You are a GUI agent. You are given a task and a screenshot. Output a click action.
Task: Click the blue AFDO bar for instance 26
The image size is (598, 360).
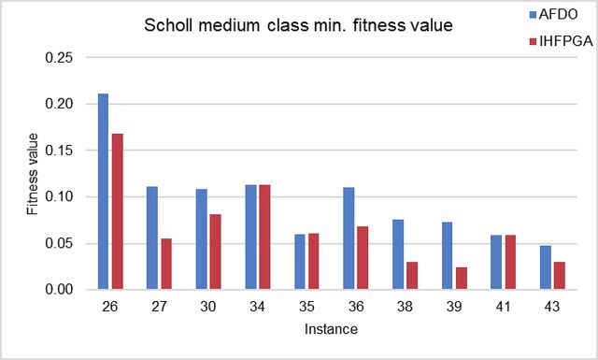tap(104, 192)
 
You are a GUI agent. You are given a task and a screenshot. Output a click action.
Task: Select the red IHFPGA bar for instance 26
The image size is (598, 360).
tap(118, 211)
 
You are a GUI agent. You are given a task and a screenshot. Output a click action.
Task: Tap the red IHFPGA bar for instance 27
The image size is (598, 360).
tap(166, 264)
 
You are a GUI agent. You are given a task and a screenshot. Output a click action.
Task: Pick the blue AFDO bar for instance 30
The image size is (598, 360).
tap(202, 239)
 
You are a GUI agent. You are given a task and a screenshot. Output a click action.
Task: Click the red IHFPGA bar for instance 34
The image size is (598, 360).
tap(264, 238)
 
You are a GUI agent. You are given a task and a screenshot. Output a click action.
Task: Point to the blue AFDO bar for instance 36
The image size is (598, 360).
tap(349, 238)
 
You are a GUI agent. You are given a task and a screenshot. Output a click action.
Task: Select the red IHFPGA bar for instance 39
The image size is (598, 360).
tap(462, 279)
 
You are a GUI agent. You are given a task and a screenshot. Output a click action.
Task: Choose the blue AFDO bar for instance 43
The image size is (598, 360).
tap(546, 267)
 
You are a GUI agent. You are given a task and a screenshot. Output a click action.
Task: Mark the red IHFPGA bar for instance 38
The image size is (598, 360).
tap(412, 276)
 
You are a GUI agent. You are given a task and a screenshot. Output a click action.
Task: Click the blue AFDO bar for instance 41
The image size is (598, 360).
tap(496, 262)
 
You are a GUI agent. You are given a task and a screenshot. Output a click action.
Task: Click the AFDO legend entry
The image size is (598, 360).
tap(554, 15)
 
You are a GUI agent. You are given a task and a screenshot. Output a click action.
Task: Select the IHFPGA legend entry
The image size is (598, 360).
tap(562, 41)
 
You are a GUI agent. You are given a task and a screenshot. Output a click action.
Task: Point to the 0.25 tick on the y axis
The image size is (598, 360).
tap(59, 58)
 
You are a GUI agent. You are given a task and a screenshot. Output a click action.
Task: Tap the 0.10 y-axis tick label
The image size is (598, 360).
tap(59, 197)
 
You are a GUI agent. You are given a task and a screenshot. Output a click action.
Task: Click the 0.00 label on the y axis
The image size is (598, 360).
tap(59, 289)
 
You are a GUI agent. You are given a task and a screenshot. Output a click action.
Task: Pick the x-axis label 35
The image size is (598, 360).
tap(306, 307)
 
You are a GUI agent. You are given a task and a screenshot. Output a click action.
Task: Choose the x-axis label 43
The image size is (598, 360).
tap(552, 307)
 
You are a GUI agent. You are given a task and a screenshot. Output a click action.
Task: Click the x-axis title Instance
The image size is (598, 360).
tap(331, 329)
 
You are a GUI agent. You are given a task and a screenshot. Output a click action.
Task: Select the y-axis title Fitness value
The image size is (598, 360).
tap(33, 174)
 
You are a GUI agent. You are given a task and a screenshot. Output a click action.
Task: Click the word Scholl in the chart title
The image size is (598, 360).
tap(168, 25)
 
